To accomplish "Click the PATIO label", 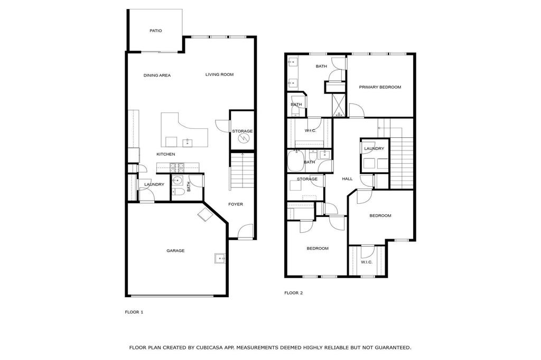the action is pos(156,31).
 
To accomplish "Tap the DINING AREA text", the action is pos(157,75).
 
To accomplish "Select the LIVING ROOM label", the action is pos(219,74).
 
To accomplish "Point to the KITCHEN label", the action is pos(165,154).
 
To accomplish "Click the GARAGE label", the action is pos(175,251).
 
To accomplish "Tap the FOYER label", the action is pos(236,204).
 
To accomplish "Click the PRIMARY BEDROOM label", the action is pos(380,87).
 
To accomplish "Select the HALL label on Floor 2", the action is pos(347,178).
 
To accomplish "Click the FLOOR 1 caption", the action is pos(134,312).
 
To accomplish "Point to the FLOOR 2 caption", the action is pos(293,293).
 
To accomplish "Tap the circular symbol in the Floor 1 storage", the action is pos(244,138).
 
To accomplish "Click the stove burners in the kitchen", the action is pos(178,168).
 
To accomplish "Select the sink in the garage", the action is pos(220,258).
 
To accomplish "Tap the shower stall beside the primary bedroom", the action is pos(339,105).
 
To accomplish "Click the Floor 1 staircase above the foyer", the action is pos(242,170).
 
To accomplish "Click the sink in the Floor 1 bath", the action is pos(178,181).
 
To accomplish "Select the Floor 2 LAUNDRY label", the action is pos(374,149).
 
